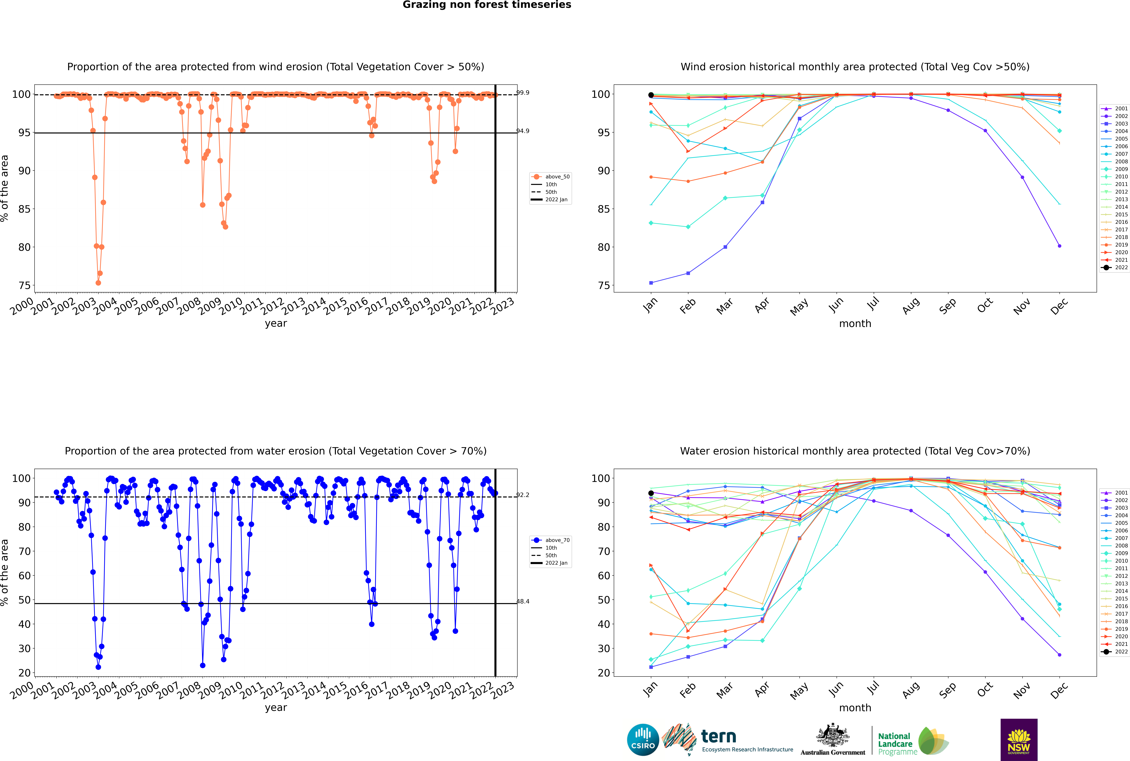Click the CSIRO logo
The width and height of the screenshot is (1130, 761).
[643, 740]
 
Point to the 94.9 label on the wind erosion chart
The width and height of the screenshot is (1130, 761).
[523, 131]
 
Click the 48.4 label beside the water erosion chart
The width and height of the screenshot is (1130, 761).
[523, 601]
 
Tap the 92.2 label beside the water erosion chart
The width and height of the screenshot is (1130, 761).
[523, 495]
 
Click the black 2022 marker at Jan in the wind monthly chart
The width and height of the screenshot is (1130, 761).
[651, 95]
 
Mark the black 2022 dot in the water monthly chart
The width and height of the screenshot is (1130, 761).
[651, 493]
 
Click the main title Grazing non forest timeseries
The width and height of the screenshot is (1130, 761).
[487, 5]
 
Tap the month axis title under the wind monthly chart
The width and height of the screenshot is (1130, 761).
[855, 324]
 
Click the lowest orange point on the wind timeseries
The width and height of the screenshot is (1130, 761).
[98, 283]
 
